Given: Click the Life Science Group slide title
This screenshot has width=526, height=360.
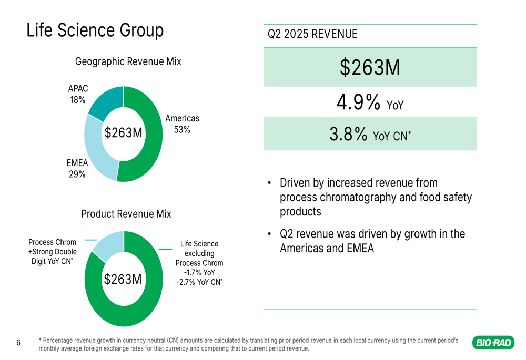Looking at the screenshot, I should pyautogui.click(x=95, y=30).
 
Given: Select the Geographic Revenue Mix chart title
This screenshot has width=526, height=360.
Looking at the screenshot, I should pyautogui.click(x=128, y=61).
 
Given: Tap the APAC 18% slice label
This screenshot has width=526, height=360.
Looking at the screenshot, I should pyautogui.click(x=78, y=94).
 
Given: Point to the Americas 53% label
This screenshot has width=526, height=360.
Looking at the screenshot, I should pyautogui.click(x=182, y=124).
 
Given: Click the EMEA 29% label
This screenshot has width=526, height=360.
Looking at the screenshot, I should pyautogui.click(x=77, y=169).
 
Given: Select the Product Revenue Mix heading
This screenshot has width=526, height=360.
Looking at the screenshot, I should pyautogui.click(x=126, y=214).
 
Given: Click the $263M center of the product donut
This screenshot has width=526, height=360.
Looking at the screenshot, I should pyautogui.click(x=123, y=280).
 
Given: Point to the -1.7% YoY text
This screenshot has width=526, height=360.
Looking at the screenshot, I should pyautogui.click(x=199, y=272).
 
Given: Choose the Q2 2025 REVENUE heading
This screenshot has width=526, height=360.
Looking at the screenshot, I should pyautogui.click(x=312, y=35).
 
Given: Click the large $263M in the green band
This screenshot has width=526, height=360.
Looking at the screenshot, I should pyautogui.click(x=370, y=67).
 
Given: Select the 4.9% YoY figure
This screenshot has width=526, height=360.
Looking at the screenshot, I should pyautogui.click(x=370, y=103).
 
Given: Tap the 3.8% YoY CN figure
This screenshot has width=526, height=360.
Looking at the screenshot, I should pyautogui.click(x=370, y=135).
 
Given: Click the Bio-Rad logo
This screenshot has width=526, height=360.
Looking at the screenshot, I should pyautogui.click(x=493, y=343).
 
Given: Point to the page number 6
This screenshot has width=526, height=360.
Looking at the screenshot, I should pyautogui.click(x=18, y=343).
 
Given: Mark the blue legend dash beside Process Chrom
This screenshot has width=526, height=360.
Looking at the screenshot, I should pyautogui.click(x=90, y=240).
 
